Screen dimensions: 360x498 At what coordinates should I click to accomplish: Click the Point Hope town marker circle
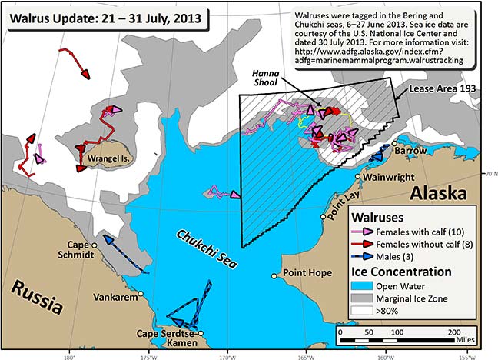tap(274, 275)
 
